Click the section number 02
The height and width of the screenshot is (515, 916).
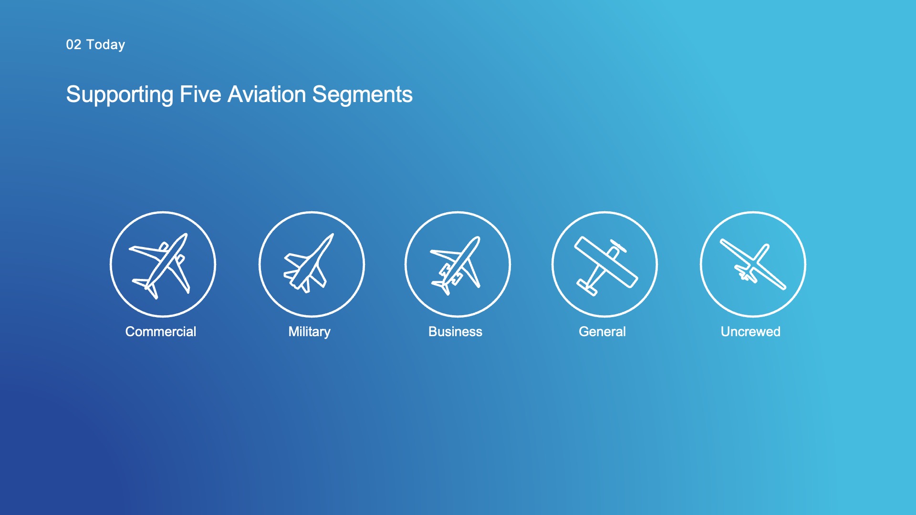tap(73, 44)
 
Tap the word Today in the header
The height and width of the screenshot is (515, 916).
tap(105, 45)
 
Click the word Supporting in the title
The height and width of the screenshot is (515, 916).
tap(120, 95)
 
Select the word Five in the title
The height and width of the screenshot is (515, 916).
tap(200, 94)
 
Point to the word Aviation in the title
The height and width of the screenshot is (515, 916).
tap(267, 94)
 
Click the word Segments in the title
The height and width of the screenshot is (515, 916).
tap(363, 94)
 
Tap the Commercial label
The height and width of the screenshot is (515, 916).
tap(161, 331)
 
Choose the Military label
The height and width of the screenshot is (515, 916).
tap(309, 332)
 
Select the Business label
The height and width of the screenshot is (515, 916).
tap(455, 331)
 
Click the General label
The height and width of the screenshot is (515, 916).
tap(602, 331)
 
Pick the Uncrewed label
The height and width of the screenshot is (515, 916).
tap(750, 331)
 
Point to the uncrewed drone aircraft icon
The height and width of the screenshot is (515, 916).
tap(753, 264)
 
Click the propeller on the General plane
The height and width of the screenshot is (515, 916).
tap(618, 246)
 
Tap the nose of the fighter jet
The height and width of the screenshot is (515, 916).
tap(332, 235)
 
